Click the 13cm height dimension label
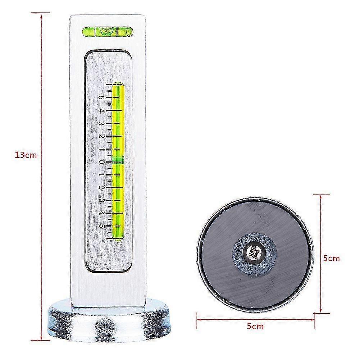click(x=26, y=155)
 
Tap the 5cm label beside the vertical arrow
click(x=331, y=258)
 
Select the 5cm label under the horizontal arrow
click(x=255, y=326)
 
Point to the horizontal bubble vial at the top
click(x=108, y=32)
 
